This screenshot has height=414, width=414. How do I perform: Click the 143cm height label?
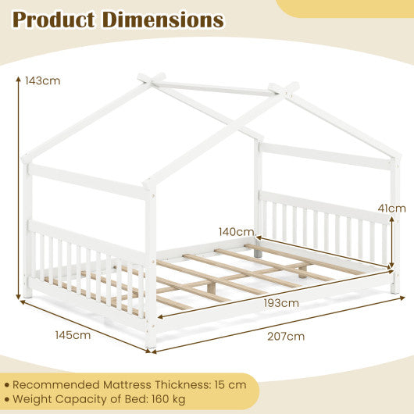coord(42,80)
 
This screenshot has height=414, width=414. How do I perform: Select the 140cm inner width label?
coord(236,231)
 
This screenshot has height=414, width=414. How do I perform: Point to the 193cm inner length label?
coord(280,303)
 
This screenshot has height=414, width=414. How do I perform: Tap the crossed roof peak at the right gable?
coord(284,88)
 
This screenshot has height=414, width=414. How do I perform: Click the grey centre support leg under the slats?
coord(259,252)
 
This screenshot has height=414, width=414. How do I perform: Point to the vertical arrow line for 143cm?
coord(16,187)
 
